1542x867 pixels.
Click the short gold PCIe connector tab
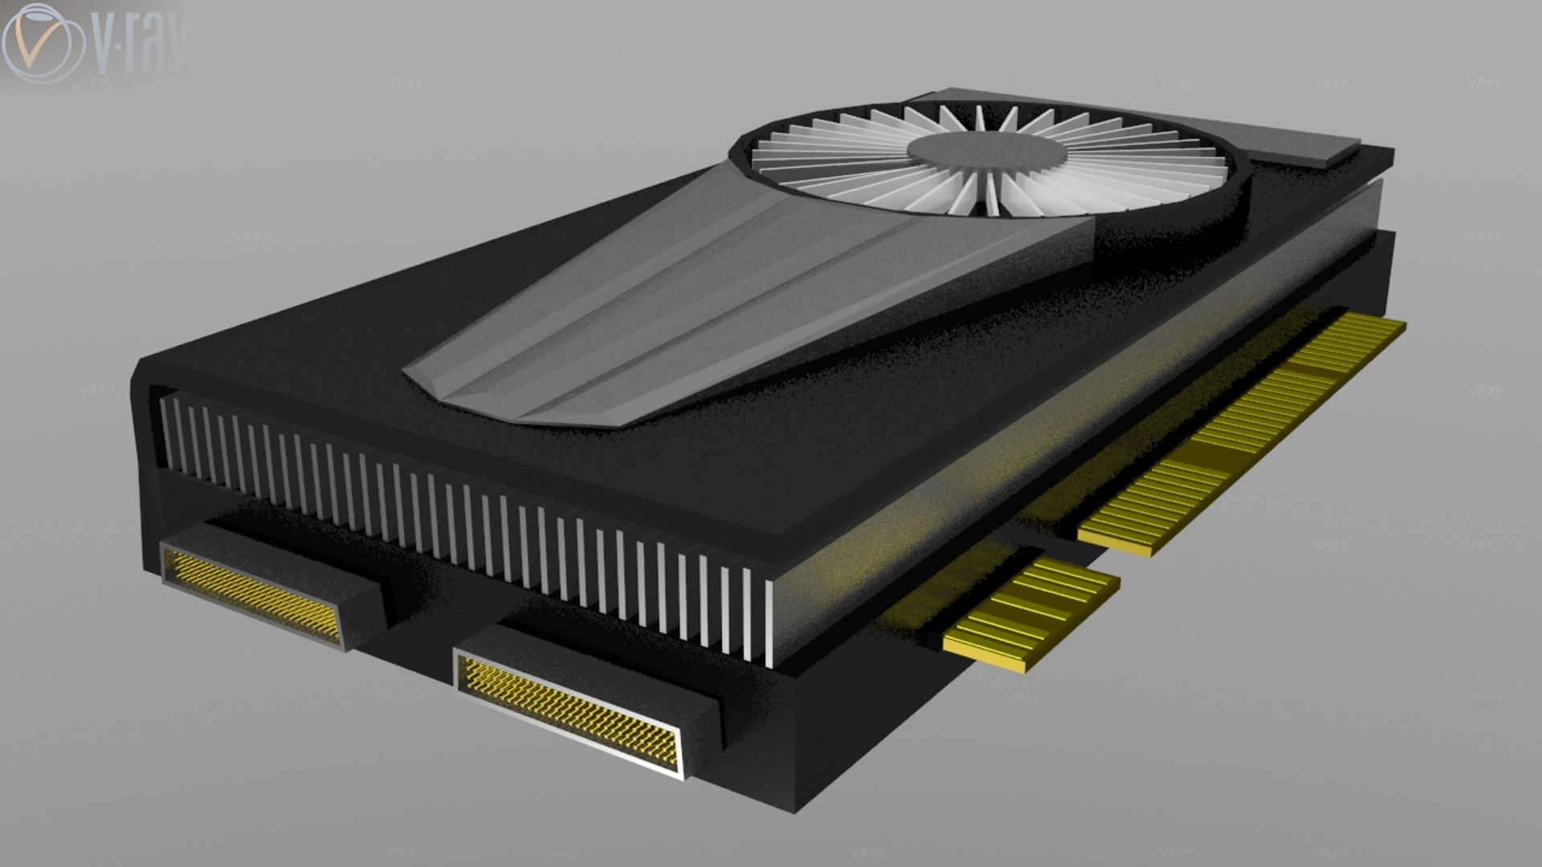click(x=1032, y=615)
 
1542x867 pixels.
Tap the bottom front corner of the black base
click(x=795, y=807)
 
